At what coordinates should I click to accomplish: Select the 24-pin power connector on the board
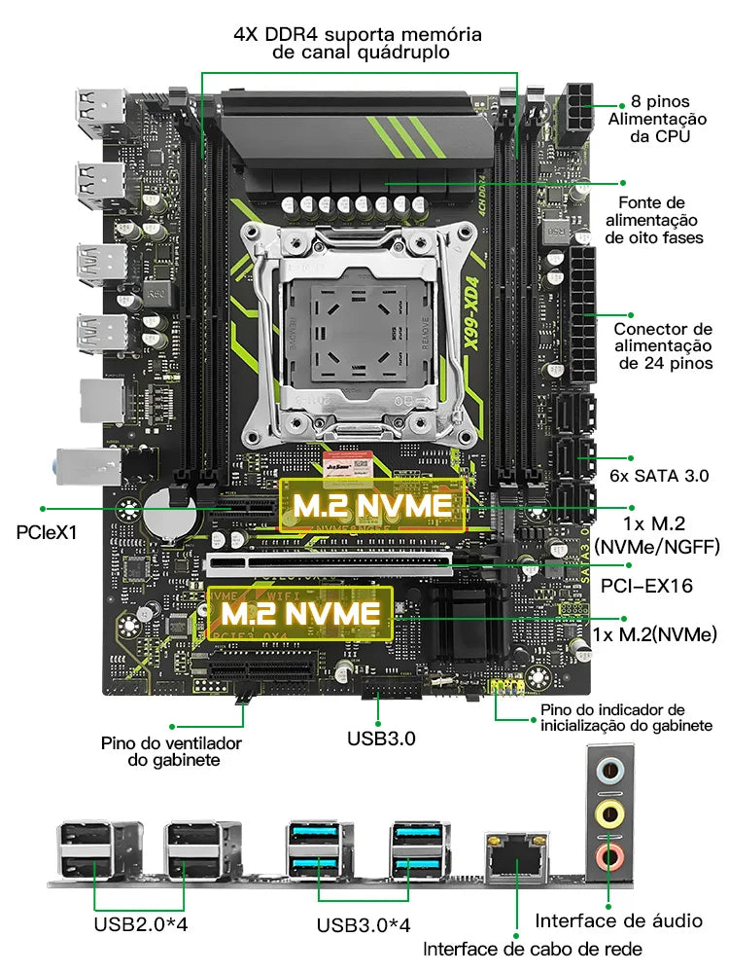[x=585, y=316]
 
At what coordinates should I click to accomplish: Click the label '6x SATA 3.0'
[x=657, y=476]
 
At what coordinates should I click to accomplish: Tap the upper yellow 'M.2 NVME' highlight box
[x=373, y=505]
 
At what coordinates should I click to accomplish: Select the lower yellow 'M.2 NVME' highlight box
[x=299, y=613]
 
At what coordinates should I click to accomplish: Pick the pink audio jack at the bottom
[x=609, y=856]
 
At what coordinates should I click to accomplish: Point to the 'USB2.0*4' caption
[x=140, y=923]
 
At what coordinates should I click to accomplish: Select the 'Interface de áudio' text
[x=619, y=920]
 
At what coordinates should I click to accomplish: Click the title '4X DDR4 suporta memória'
[x=358, y=35]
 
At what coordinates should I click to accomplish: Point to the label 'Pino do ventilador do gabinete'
[x=171, y=751]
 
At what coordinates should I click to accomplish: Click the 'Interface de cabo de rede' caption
[x=532, y=949]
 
